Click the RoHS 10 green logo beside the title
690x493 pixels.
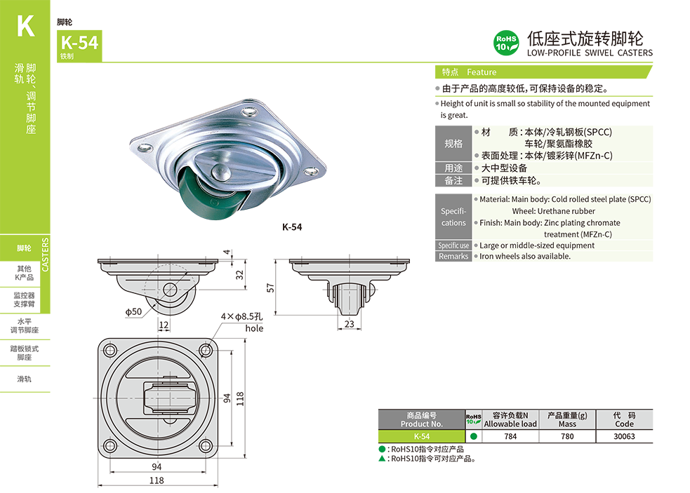click(506, 43)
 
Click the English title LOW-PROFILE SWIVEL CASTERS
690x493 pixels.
click(589, 53)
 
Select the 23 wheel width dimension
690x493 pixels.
click(349, 324)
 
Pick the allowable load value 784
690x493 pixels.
click(510, 436)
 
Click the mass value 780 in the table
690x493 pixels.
click(567, 436)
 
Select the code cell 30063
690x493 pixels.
click(624, 436)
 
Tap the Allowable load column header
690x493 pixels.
click(510, 424)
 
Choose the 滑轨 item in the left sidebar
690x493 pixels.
click(24, 379)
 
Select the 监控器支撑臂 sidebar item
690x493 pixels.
click(24, 300)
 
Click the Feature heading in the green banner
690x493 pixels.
click(482, 72)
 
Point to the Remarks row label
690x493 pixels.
click(453, 257)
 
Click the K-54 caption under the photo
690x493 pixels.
click(292, 227)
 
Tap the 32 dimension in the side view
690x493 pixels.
click(240, 275)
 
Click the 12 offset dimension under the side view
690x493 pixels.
click(163, 325)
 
